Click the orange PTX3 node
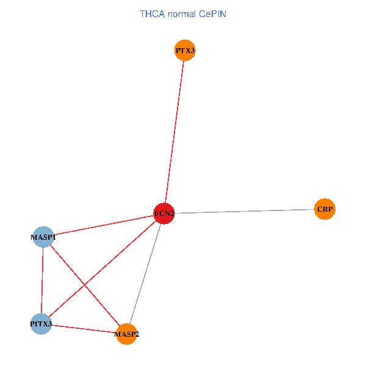click(x=185, y=51)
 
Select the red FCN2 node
click(x=164, y=213)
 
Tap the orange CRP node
click(x=325, y=209)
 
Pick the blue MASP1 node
click(x=43, y=236)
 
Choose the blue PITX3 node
click(x=41, y=323)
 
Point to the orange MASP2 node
click(x=127, y=334)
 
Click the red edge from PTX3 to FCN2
click(x=174, y=132)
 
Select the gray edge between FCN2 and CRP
click(x=244, y=211)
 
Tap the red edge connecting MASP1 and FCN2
click(x=104, y=224)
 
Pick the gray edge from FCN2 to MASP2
click(x=145, y=273)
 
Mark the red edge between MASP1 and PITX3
click(x=42, y=279)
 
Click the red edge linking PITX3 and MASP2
click(x=84, y=328)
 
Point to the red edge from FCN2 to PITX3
click(x=122, y=251)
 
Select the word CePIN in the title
click(x=212, y=13)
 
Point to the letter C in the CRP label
click(x=319, y=209)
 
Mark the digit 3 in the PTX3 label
click(x=192, y=51)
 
